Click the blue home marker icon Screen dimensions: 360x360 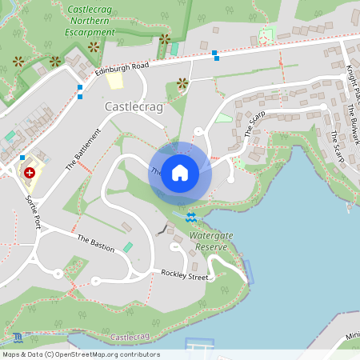(180, 173)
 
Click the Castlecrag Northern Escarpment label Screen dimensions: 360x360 (90, 22)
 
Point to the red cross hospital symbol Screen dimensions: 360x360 (30, 172)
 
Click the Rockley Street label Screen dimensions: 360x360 (184, 277)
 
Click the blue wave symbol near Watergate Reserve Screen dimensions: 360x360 (190, 217)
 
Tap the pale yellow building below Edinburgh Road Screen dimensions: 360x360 (115, 80)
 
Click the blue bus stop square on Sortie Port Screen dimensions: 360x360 (22, 158)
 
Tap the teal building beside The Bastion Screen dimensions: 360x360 (127, 247)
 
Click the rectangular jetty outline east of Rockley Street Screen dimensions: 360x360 (248, 272)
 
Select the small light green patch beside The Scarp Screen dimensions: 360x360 (224, 118)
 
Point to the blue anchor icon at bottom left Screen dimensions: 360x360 (18, 337)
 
